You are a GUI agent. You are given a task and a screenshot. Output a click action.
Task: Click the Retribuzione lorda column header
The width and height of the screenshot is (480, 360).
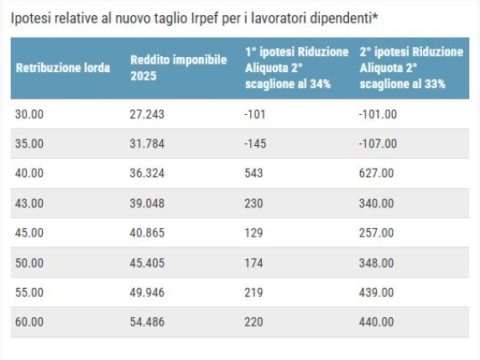click(x=63, y=68)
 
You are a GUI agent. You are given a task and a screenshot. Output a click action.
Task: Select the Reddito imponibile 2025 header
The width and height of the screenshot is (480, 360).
click(x=179, y=68)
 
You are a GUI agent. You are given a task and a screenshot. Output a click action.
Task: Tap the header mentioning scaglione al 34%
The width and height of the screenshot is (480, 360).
click(x=296, y=68)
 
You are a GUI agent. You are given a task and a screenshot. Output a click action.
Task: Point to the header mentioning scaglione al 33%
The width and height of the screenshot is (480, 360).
click(x=411, y=68)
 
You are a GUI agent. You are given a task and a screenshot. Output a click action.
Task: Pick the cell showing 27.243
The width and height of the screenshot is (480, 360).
click(x=147, y=114)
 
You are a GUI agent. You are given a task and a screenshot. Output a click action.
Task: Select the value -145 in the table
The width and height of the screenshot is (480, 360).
click(x=255, y=143)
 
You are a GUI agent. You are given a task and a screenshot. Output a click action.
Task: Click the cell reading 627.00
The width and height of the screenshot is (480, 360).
click(x=376, y=173)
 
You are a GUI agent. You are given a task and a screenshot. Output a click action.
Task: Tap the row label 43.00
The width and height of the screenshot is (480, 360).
click(x=29, y=203)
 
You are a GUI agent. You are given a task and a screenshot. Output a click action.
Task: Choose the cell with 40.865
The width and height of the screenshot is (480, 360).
click(x=147, y=233)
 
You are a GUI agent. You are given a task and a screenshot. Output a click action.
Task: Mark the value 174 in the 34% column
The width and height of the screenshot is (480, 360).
click(x=253, y=263)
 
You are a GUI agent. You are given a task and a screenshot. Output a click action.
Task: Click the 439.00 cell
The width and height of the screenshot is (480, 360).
click(x=376, y=292)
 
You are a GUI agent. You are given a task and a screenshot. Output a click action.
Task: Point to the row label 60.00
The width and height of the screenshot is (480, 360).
click(x=29, y=322)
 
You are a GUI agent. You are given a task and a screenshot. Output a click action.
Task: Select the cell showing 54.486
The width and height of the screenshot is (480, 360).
click(x=147, y=322)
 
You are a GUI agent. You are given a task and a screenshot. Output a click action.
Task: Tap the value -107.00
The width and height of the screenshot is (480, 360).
click(x=378, y=143)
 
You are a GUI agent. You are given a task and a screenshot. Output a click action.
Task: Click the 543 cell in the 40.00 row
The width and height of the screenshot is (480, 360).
click(x=253, y=173)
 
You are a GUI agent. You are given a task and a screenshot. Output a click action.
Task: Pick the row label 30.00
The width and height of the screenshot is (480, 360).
click(x=29, y=114)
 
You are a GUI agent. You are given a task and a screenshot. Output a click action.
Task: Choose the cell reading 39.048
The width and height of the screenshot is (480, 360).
click(x=147, y=203)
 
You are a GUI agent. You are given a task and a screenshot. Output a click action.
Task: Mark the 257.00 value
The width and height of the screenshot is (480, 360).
click(x=376, y=233)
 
